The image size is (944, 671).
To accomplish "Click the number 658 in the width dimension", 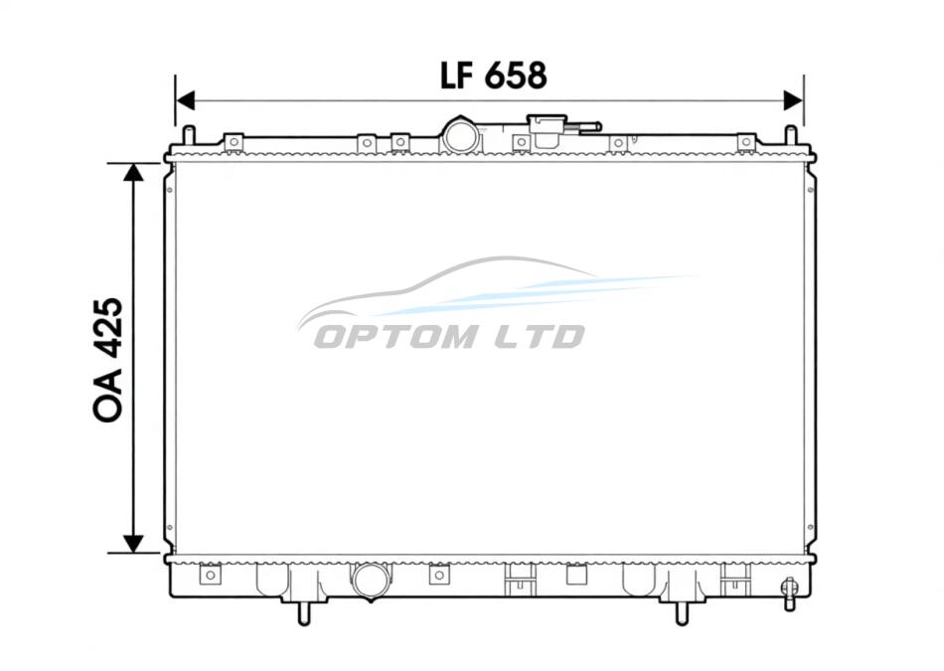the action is pyautogui.click(x=516, y=76).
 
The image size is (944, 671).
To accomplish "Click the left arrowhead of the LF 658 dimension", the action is pyautogui.click(x=186, y=100).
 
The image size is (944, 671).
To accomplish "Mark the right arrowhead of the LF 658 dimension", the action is pyautogui.click(x=794, y=100).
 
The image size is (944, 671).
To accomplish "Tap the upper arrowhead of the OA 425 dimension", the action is pyautogui.click(x=133, y=172).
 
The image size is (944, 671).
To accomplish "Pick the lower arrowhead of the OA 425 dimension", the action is pyautogui.click(x=133, y=544).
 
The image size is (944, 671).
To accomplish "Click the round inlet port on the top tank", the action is pyautogui.click(x=462, y=136).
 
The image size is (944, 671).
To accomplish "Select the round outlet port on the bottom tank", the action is pyautogui.click(x=372, y=582).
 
